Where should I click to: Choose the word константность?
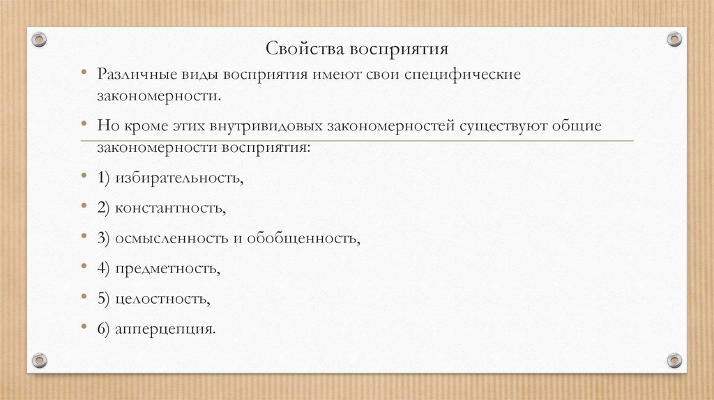170,208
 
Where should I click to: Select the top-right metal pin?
674,39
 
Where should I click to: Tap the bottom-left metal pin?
40,360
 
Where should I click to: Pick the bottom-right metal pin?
674,360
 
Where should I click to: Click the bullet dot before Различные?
83,72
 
